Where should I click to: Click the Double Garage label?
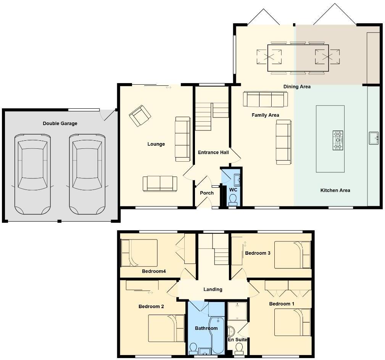pos(60,123)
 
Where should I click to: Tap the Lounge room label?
pos(156,144)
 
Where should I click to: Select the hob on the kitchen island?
pos(338,140)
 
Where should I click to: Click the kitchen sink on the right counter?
pos(374,138)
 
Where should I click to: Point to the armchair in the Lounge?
pos(140,116)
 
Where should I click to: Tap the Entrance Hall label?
pos(213,153)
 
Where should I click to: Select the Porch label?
pos(207,193)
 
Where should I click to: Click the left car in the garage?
pos(32,174)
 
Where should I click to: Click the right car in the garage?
pos(87,174)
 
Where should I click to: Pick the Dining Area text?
pos(297,87)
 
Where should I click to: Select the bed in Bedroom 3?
pos(292,255)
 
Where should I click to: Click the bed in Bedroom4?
pos(139,253)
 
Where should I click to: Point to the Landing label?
pos(213,289)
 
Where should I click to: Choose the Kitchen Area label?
pos(335,190)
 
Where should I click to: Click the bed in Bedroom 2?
pos(166,328)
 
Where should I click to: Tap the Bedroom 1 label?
pos(282,304)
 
